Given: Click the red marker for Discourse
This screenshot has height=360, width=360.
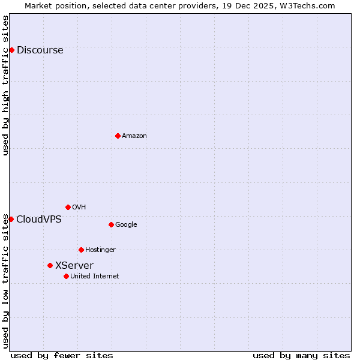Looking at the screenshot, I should pos(11,50).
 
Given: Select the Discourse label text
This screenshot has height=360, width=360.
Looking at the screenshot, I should pos(40,50).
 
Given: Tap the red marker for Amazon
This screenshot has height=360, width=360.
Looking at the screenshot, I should pos(118,136).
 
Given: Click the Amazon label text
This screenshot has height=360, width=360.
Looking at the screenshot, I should pos(134,136).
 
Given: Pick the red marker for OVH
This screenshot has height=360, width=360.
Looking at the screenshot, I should pos(68,207).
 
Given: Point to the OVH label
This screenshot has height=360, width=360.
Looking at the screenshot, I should pos(79,208).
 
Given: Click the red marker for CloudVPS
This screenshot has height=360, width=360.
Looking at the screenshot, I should pos(11,219).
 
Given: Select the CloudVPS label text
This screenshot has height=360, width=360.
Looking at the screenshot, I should pos(38,220).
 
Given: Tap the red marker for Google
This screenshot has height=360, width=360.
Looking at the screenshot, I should pos(111,224).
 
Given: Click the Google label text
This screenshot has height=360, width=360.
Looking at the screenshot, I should pos(126,225).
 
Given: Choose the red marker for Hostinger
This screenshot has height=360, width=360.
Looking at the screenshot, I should pos(81,250).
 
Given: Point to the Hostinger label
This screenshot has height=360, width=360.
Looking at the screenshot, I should pos(100,250).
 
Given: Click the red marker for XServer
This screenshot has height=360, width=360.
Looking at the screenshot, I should pos(50,265).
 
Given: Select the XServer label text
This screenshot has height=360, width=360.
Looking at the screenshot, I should pos(74,266).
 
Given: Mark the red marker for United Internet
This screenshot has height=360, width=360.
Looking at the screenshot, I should pos(66,276).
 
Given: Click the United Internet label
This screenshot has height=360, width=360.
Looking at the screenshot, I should pos(94,277).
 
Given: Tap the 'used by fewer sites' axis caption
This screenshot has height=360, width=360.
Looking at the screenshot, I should pos(62,355).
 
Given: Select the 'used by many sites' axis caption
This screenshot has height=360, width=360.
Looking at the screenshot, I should pos(301,355).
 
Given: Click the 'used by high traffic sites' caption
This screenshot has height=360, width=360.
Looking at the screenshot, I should pos(6,85).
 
